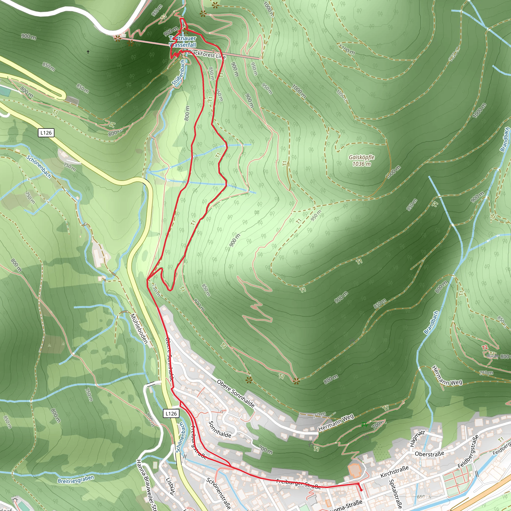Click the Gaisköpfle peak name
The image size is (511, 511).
(x=361, y=157)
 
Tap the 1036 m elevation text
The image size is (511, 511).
(x=361, y=164)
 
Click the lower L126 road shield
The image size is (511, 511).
(x=171, y=413)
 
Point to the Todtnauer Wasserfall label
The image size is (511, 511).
(x=183, y=42)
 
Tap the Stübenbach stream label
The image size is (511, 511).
(x=179, y=73)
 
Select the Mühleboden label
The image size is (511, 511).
(x=139, y=329)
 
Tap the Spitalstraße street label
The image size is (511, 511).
(x=396, y=494)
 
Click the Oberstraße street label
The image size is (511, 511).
(x=429, y=454)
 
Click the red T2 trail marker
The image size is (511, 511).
(x=485, y=348)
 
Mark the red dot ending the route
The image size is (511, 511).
(x=361, y=490)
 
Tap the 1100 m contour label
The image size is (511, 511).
(x=347, y=49)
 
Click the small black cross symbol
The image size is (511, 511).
(x=88, y=52)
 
